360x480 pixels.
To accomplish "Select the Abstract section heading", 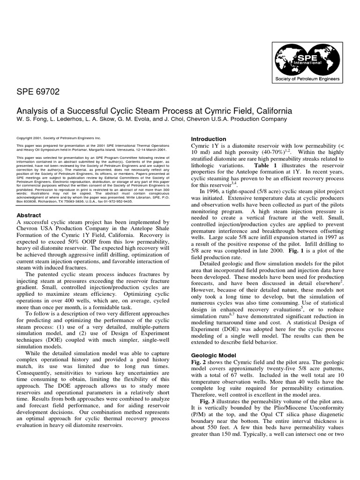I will pos(29,215).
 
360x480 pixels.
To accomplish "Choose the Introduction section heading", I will pos(209,139).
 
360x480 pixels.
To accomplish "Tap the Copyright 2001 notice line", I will pos(59,139).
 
